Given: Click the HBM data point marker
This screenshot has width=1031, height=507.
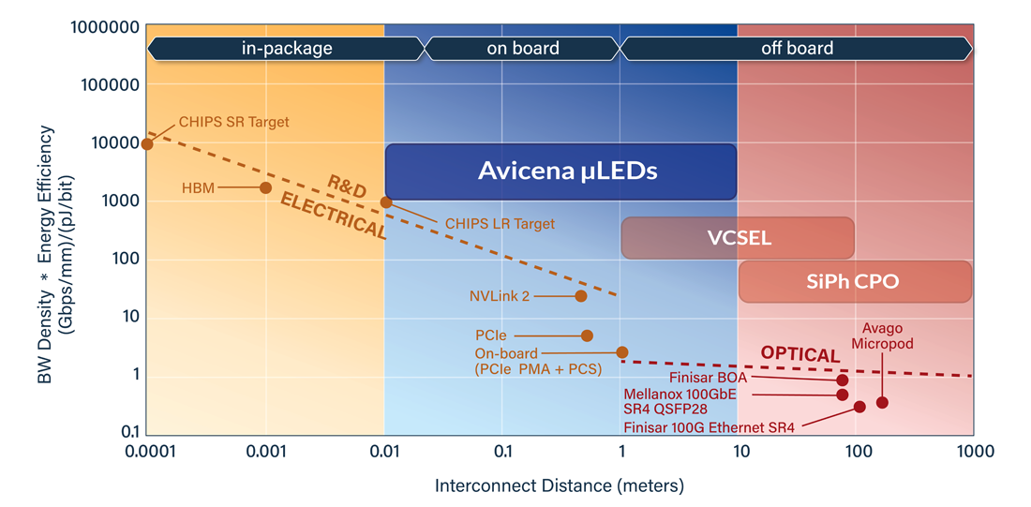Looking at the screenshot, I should click(x=265, y=188).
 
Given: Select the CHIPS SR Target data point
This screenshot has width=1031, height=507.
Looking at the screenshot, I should click(x=147, y=144).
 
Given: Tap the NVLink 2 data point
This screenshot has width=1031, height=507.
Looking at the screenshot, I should click(x=581, y=296).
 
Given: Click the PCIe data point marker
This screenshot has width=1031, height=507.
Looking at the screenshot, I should click(x=587, y=336).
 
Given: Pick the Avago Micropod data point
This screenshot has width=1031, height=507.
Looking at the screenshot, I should click(x=882, y=403).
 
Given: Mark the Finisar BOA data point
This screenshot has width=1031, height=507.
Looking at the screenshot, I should click(x=843, y=380).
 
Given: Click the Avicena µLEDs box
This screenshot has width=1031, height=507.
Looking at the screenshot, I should click(x=560, y=171).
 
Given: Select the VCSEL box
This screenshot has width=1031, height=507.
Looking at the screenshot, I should click(x=738, y=238).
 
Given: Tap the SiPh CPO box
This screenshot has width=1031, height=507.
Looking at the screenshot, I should click(x=854, y=282).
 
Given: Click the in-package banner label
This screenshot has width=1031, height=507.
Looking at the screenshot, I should click(x=286, y=48).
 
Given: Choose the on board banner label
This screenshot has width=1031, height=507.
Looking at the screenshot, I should click(x=522, y=48).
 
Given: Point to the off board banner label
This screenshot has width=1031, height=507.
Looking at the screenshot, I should click(x=796, y=48).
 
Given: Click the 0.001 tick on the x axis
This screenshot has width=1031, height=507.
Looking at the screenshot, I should click(x=265, y=452).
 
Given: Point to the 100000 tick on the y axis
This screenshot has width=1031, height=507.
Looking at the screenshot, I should click(x=105, y=85).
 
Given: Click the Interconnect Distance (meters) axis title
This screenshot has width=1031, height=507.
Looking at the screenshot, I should click(x=560, y=485).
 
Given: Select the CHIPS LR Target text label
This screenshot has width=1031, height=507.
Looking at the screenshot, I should click(x=500, y=224).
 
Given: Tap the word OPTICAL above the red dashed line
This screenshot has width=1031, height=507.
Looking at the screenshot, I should click(x=799, y=354).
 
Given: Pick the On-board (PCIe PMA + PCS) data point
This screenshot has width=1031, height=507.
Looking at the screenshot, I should click(x=621, y=352).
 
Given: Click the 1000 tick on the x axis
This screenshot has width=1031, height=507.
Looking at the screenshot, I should click(x=974, y=452).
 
